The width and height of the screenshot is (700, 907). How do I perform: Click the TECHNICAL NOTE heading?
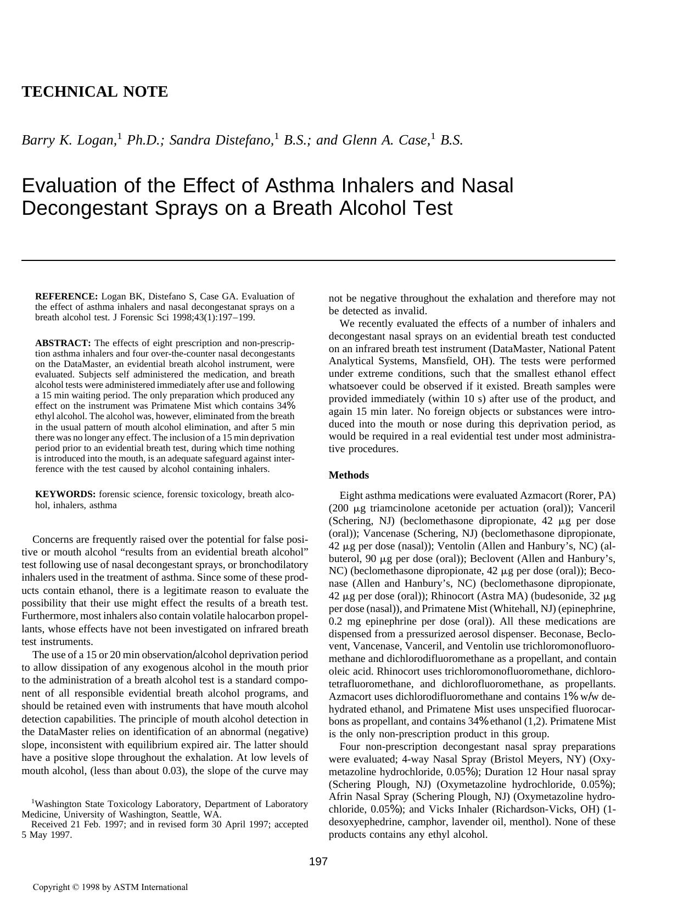click(x=94, y=92)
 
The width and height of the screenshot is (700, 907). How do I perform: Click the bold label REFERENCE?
click(x=66, y=297)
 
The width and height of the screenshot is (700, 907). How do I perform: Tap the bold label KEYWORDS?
click(x=65, y=494)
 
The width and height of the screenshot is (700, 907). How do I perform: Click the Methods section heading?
click(x=349, y=475)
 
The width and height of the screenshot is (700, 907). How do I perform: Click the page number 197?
click(x=318, y=861)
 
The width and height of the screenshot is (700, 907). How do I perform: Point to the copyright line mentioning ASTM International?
click(x=110, y=887)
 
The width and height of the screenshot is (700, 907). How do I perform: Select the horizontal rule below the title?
click(x=318, y=260)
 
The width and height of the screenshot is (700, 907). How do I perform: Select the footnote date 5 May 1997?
click(x=47, y=835)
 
